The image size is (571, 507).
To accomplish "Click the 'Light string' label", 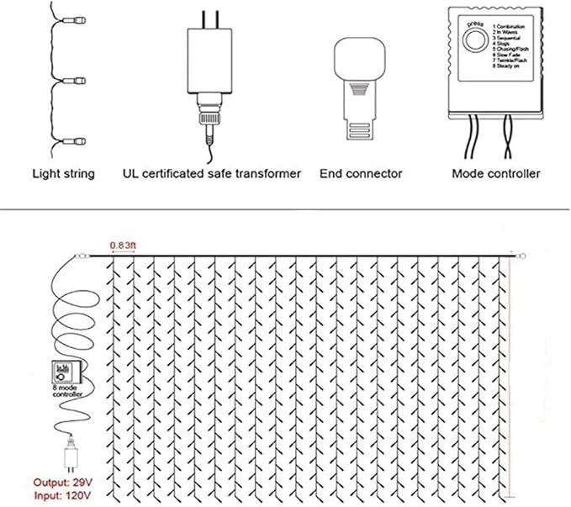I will tap(63, 174).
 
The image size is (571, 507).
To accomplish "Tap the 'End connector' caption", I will tap(361, 174).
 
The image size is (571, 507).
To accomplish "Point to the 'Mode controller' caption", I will tap(496, 174).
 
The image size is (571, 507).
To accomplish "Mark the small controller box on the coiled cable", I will tap(66, 371).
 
